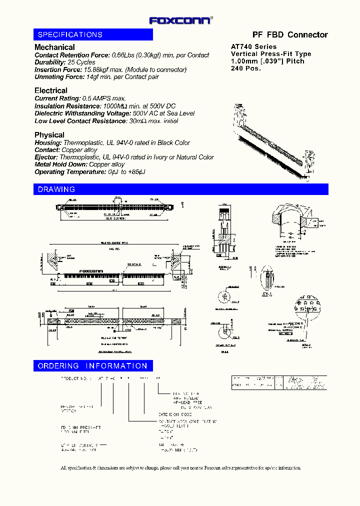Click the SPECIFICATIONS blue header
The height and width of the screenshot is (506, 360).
coord(93,34)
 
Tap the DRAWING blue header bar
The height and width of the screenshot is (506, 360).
coord(180,189)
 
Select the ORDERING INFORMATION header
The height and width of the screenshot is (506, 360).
coord(93,366)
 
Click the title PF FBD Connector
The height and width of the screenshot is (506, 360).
coord(290,34)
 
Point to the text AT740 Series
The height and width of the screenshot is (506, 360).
coord(253,46)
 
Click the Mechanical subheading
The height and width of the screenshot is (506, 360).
coord(54,47)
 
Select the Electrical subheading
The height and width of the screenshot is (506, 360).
coord(51,90)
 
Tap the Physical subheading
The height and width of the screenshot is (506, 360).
coord(49,135)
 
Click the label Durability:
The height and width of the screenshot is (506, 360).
coord(50,62)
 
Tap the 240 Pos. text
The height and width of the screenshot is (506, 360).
coord(245,68)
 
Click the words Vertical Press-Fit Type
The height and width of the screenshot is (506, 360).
coord(270,54)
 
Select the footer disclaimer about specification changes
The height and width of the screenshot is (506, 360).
coord(180,468)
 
